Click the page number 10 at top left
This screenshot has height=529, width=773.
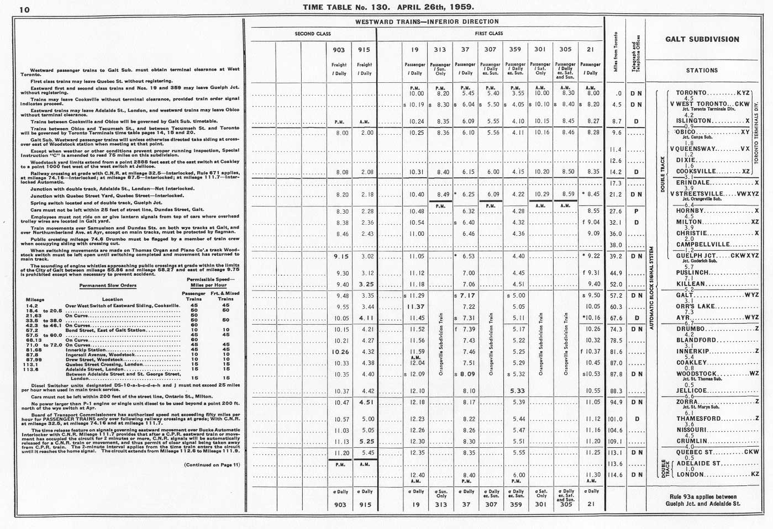[24, 10]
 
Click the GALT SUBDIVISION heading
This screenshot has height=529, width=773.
[702, 39]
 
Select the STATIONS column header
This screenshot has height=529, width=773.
[702, 71]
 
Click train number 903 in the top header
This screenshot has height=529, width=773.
[339, 50]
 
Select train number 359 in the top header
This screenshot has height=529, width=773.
[515, 50]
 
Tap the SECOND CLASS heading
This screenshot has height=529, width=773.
[313, 34]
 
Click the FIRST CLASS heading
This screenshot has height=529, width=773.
[489, 34]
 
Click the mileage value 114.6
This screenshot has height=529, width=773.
[616, 475]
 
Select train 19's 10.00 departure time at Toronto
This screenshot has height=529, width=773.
[416, 93]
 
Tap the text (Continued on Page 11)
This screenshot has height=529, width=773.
[212, 464]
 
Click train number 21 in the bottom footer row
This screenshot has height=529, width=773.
[590, 505]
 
